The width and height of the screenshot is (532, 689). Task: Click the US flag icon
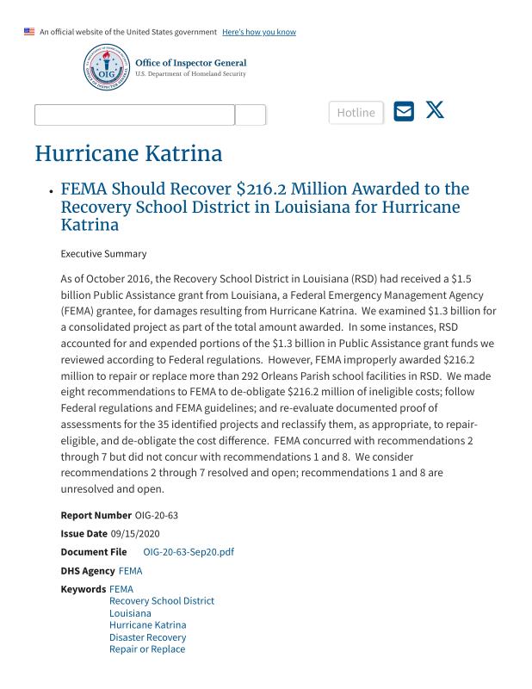(29, 32)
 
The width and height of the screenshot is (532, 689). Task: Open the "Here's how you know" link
(258, 32)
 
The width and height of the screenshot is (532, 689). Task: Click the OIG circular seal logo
(107, 68)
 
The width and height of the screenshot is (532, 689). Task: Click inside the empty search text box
(134, 115)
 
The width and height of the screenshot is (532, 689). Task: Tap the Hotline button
(356, 113)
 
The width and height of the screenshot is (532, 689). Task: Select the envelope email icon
(404, 111)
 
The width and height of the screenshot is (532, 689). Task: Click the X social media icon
(435, 110)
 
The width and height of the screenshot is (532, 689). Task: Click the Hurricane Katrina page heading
(128, 154)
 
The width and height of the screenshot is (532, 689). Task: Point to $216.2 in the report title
(275, 189)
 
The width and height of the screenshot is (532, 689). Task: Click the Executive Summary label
(103, 254)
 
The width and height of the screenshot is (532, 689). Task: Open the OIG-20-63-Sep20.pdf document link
(189, 552)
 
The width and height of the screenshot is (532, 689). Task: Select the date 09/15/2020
(135, 534)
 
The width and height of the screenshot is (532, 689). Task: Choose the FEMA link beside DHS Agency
(130, 571)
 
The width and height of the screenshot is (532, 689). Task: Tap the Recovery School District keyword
(162, 601)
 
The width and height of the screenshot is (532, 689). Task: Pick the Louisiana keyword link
(130, 613)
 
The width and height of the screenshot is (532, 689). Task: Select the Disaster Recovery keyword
(147, 637)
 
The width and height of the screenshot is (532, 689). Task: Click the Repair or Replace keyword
(147, 649)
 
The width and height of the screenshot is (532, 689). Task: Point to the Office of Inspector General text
(190, 63)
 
